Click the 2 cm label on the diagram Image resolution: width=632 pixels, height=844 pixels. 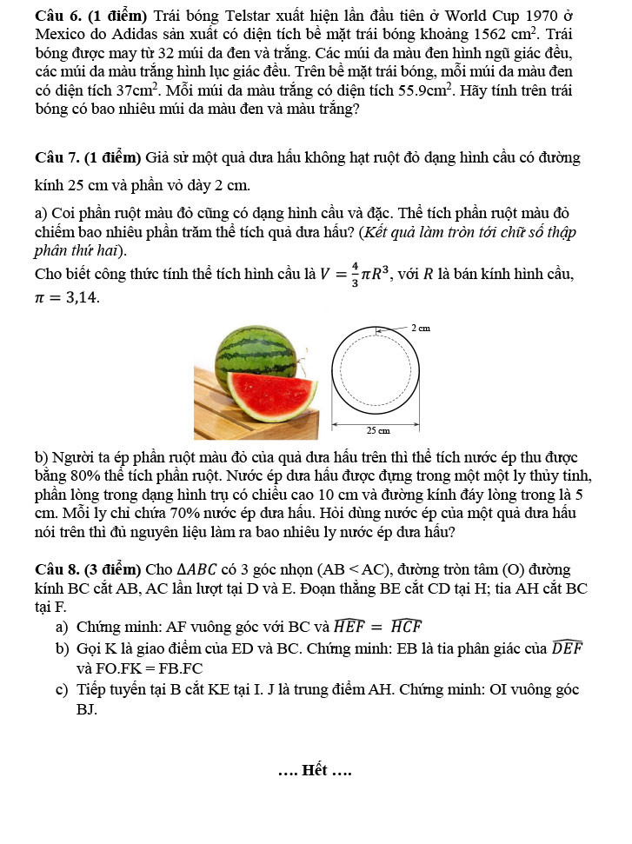point(421,328)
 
